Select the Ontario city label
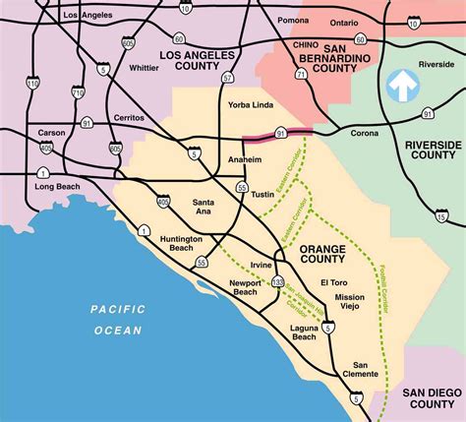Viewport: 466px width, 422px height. coord(343,23)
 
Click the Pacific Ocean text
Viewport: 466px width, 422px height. coord(118,320)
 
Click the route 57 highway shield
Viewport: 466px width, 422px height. coord(228,77)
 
